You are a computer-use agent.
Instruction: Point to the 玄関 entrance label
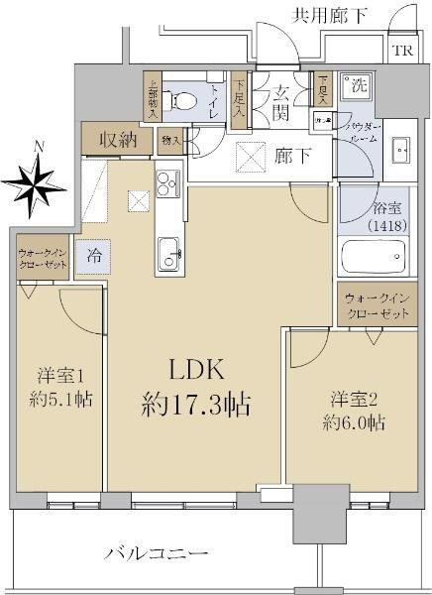[x=282, y=101]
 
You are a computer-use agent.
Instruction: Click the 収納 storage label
[x=118, y=139]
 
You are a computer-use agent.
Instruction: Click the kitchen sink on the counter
[x=166, y=250]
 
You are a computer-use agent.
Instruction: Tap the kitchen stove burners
[x=164, y=183]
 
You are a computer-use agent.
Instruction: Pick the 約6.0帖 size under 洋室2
[x=352, y=422]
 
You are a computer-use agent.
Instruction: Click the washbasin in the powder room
[x=400, y=151]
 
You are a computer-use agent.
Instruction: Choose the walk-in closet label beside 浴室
[x=377, y=305]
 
